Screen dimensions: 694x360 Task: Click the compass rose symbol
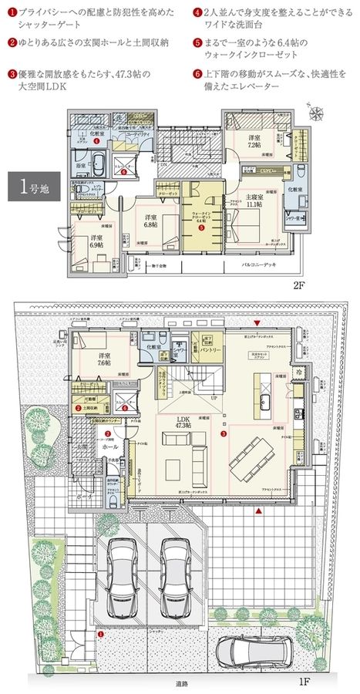pyautogui.click(x=316, y=112)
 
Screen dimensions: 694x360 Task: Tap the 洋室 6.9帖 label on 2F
pyautogui.click(x=96, y=241)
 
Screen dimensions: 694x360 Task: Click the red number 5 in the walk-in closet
pyautogui.click(x=202, y=228)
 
